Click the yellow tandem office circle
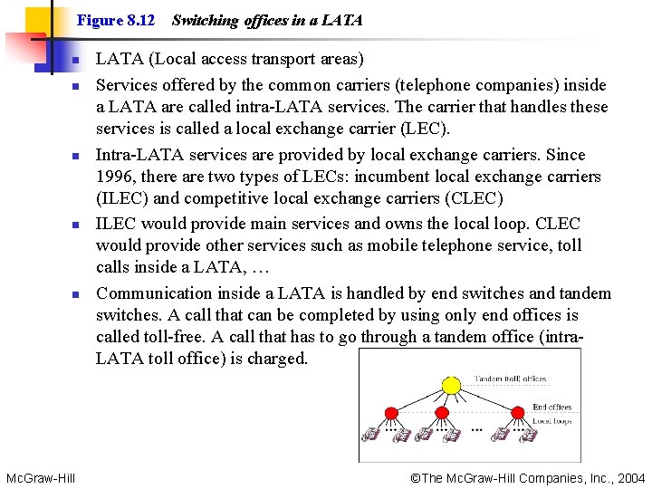[450, 386]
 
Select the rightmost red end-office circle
[517, 412]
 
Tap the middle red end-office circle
[442, 412]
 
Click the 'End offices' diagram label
[551, 407]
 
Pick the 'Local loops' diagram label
[551, 421]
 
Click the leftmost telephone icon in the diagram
[369, 435]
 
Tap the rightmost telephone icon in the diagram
[527, 435]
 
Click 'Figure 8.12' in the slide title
[116, 19]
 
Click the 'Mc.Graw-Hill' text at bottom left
[40, 477]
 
